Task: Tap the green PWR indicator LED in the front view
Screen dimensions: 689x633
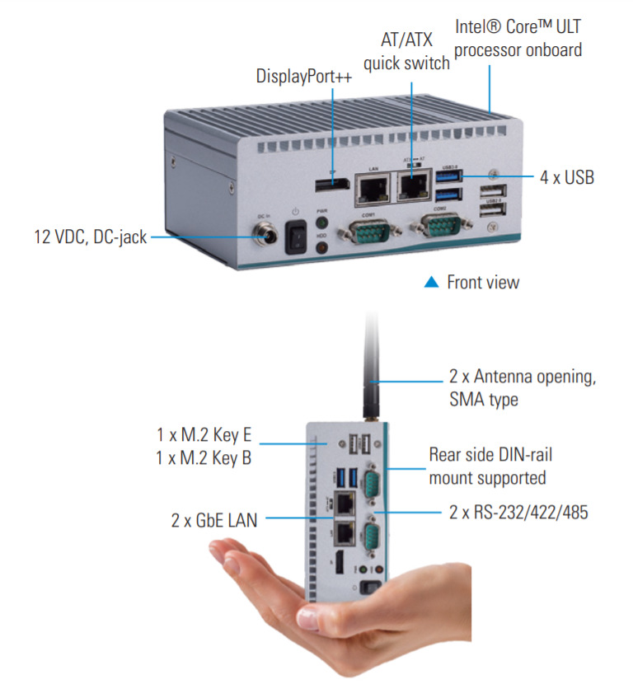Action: [x=323, y=222]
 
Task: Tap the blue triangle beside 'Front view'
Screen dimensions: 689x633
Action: [x=431, y=282]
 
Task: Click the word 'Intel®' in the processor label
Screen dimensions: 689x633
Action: [x=477, y=27]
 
